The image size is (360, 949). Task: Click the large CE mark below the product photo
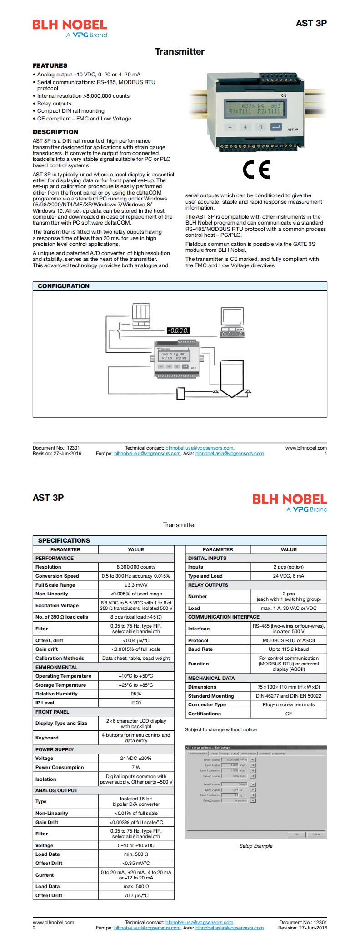click(x=256, y=170)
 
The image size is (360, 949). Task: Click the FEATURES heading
click(x=50, y=65)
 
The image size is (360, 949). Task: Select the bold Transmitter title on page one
click(x=180, y=51)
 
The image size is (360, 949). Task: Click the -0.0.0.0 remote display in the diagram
click(x=178, y=330)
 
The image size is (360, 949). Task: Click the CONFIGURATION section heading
click(x=64, y=286)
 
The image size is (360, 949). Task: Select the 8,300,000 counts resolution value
click(x=136, y=567)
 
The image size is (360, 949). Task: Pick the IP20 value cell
click(x=136, y=702)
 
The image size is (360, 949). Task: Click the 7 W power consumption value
click(x=136, y=767)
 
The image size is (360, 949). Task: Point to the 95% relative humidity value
click(x=136, y=694)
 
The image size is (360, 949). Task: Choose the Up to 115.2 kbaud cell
click(x=289, y=649)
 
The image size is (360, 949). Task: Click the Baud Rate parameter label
click(x=200, y=649)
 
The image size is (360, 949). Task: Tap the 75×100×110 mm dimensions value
click(x=289, y=687)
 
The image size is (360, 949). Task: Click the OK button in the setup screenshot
click(x=297, y=834)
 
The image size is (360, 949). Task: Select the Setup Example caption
click(x=256, y=846)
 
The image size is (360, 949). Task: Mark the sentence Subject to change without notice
click(x=221, y=729)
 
